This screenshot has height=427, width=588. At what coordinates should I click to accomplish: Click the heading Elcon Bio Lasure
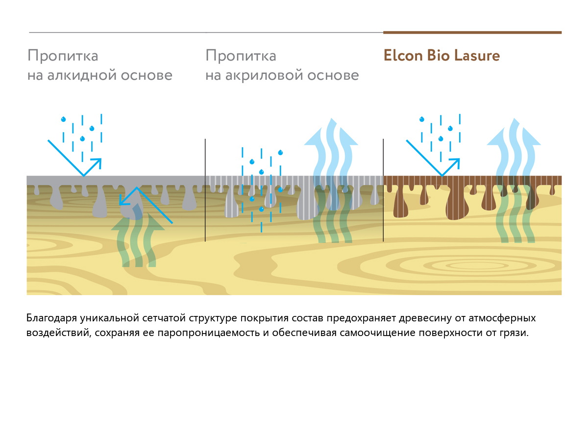click(441, 56)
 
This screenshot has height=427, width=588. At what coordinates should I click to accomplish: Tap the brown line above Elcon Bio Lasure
click(472, 33)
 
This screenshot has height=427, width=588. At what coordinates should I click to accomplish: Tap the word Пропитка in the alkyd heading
click(63, 56)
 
